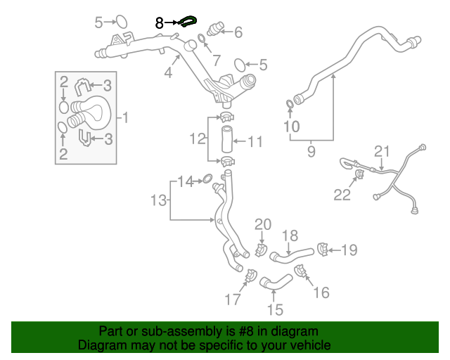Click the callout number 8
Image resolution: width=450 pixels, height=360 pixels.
tap(160, 23)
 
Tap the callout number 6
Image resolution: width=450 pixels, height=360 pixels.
tap(238, 32)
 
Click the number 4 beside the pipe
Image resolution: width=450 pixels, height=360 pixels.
tap(168, 73)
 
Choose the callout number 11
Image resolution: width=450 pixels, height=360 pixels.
tap(255, 142)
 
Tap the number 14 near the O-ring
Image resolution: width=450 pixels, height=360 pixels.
tap(185, 182)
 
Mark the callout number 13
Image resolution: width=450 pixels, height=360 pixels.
tap(158, 201)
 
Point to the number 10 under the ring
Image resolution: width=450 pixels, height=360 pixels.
tap(291, 127)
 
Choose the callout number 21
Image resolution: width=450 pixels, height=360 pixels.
tap(381, 151)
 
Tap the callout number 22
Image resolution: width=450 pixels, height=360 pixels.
tap(342, 195)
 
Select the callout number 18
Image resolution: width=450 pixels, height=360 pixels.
tap(290, 236)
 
